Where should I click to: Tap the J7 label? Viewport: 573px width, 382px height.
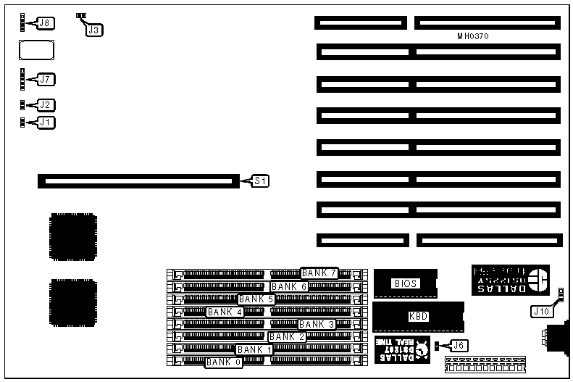[46, 79]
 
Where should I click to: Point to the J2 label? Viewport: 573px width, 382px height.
[46, 105]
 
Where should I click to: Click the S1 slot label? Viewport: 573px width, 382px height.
[260, 180]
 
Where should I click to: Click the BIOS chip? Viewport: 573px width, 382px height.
[405, 283]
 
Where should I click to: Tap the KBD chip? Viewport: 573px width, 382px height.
[418, 317]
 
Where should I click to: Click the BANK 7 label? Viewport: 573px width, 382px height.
[319, 273]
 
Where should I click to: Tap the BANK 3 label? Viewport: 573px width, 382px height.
[317, 324]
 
